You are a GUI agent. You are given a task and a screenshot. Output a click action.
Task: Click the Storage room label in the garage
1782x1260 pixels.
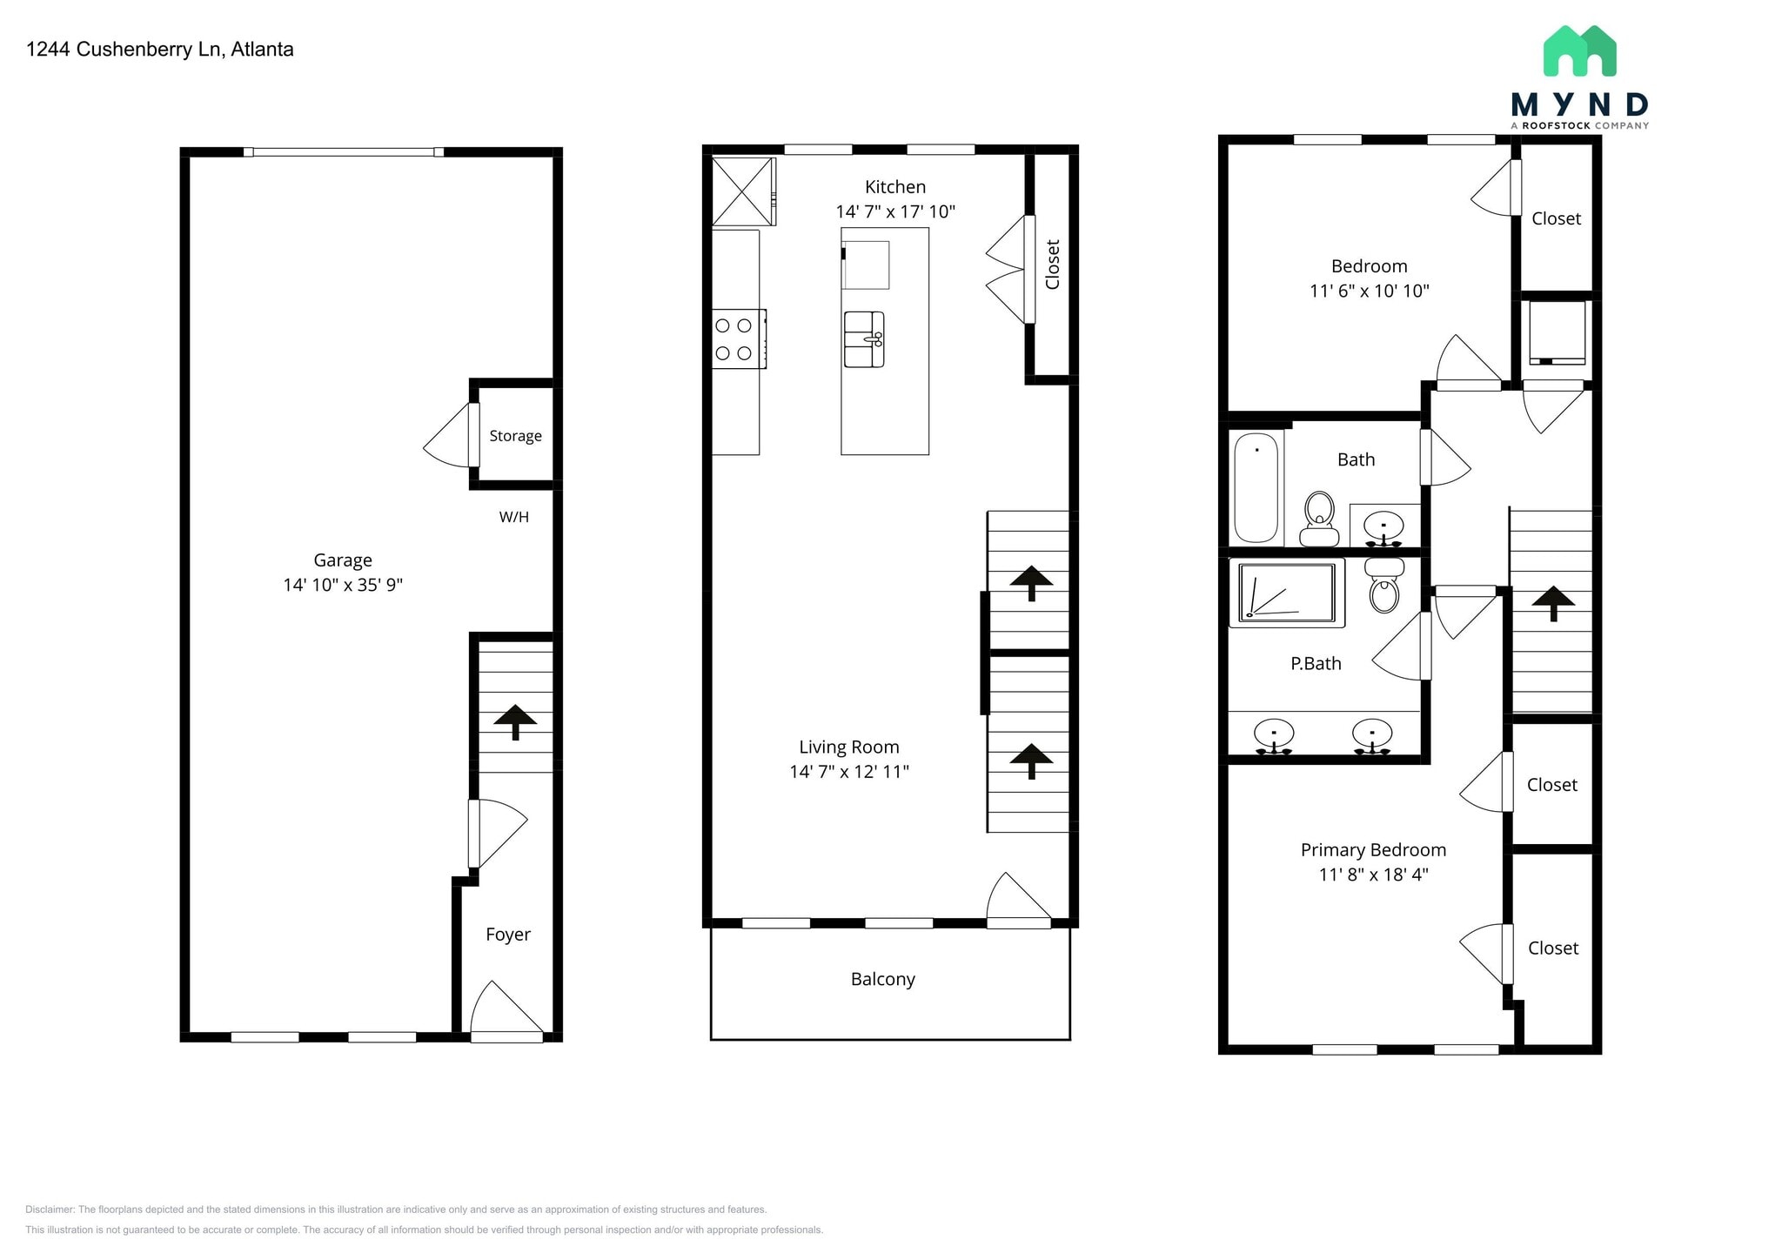[515, 436]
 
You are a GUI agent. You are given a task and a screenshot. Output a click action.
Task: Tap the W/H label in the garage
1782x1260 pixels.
[513, 517]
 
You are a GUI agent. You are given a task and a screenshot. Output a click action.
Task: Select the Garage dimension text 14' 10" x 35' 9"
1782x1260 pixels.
[343, 585]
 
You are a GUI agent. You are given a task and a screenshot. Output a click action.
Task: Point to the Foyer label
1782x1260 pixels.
[507, 935]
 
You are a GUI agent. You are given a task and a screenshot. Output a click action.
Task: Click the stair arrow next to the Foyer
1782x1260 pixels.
[515, 720]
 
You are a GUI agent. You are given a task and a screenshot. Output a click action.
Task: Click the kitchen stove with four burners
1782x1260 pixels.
[737, 339]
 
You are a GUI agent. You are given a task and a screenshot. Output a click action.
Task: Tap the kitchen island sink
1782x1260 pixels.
[864, 339]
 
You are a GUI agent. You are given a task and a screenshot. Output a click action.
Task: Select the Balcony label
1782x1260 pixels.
[882, 980]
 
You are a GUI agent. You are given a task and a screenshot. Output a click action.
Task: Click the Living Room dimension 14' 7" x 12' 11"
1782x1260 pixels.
[848, 772]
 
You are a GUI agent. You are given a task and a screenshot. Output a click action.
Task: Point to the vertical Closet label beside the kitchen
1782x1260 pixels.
[1052, 265]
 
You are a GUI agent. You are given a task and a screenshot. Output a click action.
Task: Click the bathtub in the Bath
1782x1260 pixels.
[1256, 487]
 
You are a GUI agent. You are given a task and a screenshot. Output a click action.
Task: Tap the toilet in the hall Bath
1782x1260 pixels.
[1319, 518]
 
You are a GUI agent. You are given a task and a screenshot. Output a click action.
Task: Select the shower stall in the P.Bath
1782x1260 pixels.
[1286, 593]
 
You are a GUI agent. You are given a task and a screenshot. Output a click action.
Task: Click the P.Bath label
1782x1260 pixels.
[1315, 664]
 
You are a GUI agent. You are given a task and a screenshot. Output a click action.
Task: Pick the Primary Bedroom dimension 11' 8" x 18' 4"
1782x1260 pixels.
[1373, 875]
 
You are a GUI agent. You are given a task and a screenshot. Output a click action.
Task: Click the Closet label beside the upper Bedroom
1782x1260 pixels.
[1556, 219]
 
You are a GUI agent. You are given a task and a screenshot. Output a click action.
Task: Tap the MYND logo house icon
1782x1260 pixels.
[1579, 51]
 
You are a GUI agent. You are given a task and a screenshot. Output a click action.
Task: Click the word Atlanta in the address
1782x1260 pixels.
[262, 50]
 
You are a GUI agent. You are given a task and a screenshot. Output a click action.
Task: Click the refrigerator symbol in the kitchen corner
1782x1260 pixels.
[742, 191]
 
